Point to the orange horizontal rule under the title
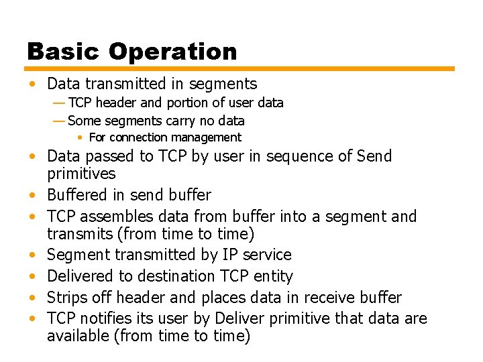coord(240,68)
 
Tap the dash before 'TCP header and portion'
coord(58,103)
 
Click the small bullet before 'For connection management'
coord(79,137)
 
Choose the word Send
coord(374,156)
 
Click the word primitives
coord(80,174)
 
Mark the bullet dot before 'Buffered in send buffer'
coord(32,196)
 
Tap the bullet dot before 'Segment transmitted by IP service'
coord(32,255)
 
